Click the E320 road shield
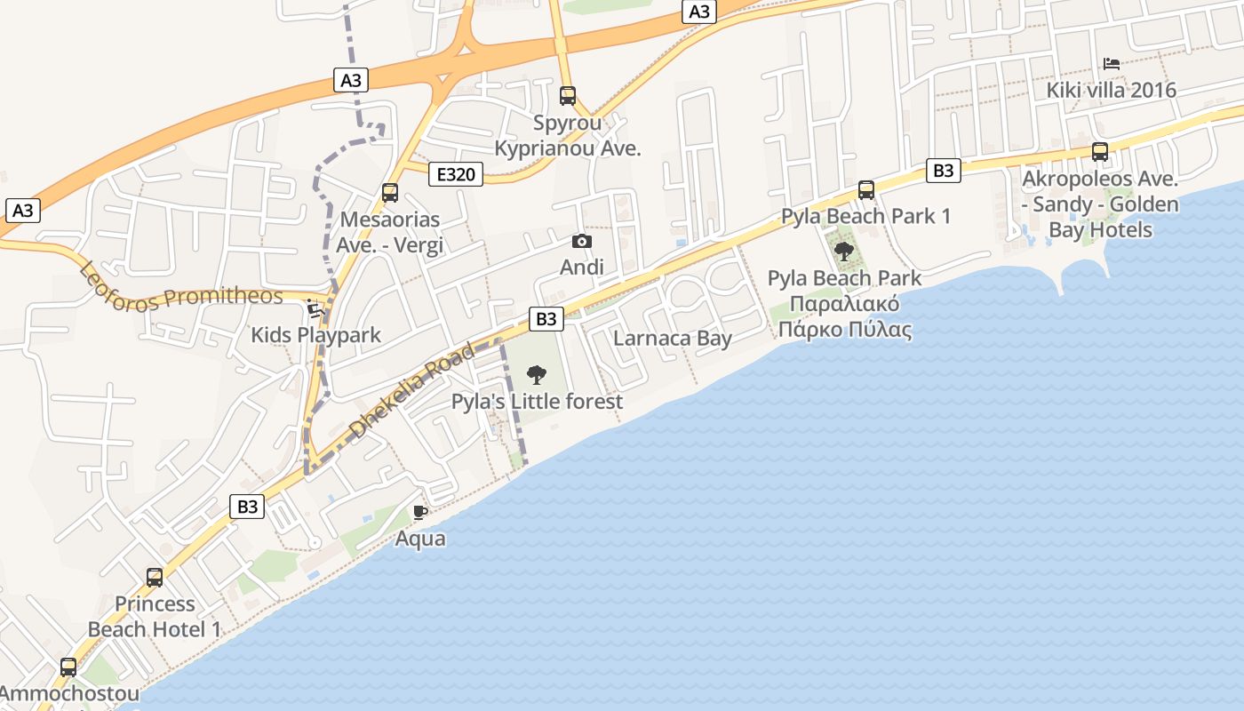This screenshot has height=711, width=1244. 456,174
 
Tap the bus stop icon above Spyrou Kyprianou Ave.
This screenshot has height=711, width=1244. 568,95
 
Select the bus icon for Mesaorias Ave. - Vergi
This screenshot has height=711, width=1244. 389,193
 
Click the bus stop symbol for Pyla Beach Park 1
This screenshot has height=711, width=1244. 866,189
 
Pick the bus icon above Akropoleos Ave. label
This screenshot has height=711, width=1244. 1100,152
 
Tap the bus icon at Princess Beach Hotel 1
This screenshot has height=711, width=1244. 155,578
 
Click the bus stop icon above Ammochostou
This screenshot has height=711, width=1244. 68,667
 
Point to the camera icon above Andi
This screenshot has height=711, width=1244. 582,241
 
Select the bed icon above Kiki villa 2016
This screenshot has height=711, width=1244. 1111,63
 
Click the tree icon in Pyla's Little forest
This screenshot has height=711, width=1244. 537,374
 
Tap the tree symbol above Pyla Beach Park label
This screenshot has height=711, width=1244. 844,252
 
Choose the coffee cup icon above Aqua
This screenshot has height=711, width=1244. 420,512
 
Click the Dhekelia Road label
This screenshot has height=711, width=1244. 412,391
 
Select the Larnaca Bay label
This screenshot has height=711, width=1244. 673,339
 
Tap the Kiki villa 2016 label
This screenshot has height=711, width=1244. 1111,90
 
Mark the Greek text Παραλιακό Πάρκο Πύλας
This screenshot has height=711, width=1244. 844,317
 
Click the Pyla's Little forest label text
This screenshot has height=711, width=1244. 537,402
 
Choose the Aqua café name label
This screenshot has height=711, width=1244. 420,539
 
